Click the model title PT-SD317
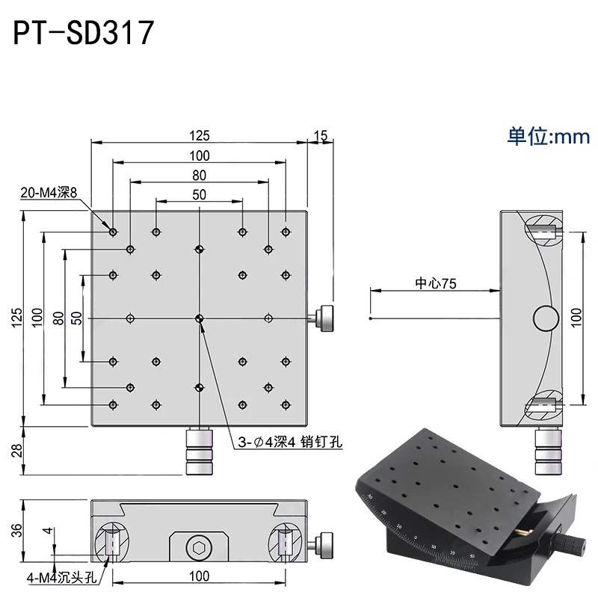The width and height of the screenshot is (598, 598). click(84, 34)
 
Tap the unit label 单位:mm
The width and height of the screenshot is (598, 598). click(549, 136)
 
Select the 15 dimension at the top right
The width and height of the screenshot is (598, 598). click(321, 135)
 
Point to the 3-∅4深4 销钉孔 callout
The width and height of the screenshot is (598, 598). click(286, 441)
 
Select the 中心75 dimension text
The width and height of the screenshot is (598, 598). click(436, 283)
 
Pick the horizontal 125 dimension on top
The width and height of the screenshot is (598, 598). click(199, 135)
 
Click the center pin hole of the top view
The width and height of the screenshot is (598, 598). click(199, 319)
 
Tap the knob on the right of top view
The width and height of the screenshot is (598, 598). click(327, 318)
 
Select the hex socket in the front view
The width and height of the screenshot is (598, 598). click(199, 550)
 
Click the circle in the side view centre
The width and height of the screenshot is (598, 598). click(546, 319)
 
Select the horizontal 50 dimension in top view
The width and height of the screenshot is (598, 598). click(199, 194)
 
